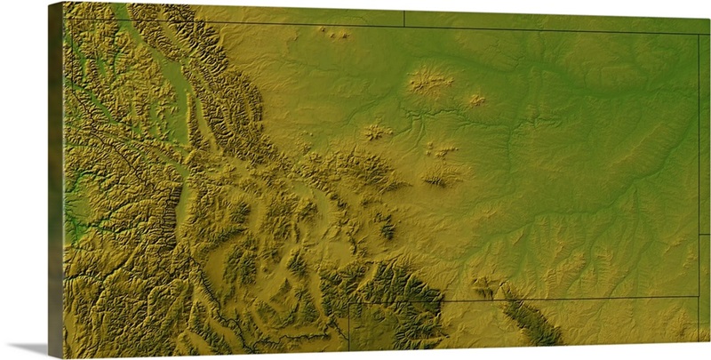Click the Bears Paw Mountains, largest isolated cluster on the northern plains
(430, 83)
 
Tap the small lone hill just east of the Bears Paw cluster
(476, 100)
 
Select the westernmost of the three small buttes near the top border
(323, 29)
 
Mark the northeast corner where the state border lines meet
(698, 35)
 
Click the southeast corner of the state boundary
(698, 296)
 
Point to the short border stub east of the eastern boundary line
(704, 235)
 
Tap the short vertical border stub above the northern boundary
(404, 18)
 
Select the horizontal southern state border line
(533, 300)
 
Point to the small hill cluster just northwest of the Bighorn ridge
(484, 286)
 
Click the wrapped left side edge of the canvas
(55, 178)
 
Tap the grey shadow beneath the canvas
(27, 348)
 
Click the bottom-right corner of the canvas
(709, 345)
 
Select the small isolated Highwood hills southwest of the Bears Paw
(376, 132)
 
